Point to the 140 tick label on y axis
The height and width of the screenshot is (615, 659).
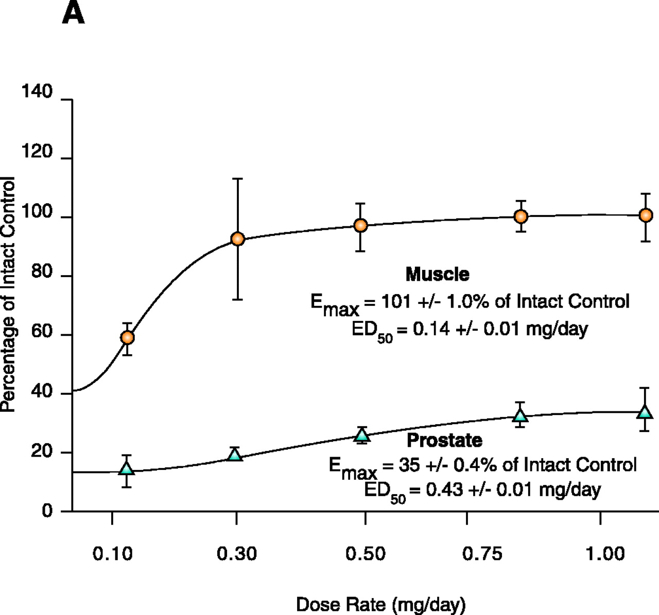pyautogui.click(x=37, y=92)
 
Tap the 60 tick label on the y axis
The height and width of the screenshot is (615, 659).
pyautogui.click(x=42, y=332)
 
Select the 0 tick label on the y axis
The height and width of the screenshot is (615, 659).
pyautogui.click(x=47, y=511)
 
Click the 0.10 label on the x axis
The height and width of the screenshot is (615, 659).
pyautogui.click(x=112, y=554)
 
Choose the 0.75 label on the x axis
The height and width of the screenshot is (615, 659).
pyautogui.click(x=482, y=554)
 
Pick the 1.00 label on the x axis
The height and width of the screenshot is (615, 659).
pyautogui.click(x=605, y=554)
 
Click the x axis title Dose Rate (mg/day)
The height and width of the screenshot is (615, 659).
pyautogui.click(x=380, y=604)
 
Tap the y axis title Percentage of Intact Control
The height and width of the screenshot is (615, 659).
pyautogui.click(x=8, y=294)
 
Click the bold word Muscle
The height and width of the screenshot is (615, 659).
pyautogui.click(x=437, y=274)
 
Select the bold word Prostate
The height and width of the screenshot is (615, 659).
pyautogui.click(x=444, y=440)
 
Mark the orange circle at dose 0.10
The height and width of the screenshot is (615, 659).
pyautogui.click(x=127, y=337)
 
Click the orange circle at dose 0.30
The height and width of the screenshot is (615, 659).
pyautogui.click(x=237, y=239)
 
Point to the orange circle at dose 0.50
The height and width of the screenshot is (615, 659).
pyautogui.click(x=361, y=225)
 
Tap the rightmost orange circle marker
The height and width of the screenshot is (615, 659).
pyautogui.click(x=646, y=215)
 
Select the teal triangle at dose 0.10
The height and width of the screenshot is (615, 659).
pyautogui.click(x=127, y=468)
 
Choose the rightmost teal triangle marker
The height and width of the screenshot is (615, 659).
pyautogui.click(x=645, y=412)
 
